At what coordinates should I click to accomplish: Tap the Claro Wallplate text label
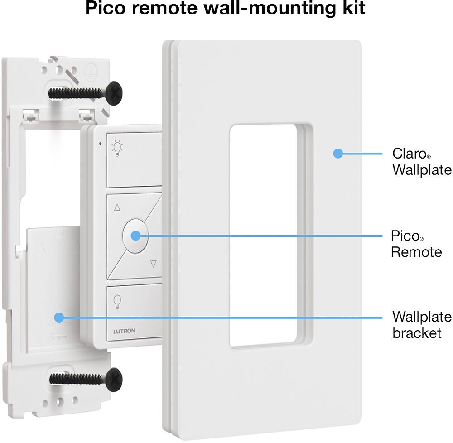[421, 161]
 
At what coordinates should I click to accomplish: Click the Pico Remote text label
[416, 243]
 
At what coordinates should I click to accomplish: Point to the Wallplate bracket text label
[421, 324]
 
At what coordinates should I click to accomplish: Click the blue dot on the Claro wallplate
[337, 154]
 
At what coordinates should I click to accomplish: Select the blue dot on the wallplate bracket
[59, 317]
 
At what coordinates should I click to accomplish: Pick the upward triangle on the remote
[117, 208]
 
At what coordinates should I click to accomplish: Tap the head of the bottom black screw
[113, 377]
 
